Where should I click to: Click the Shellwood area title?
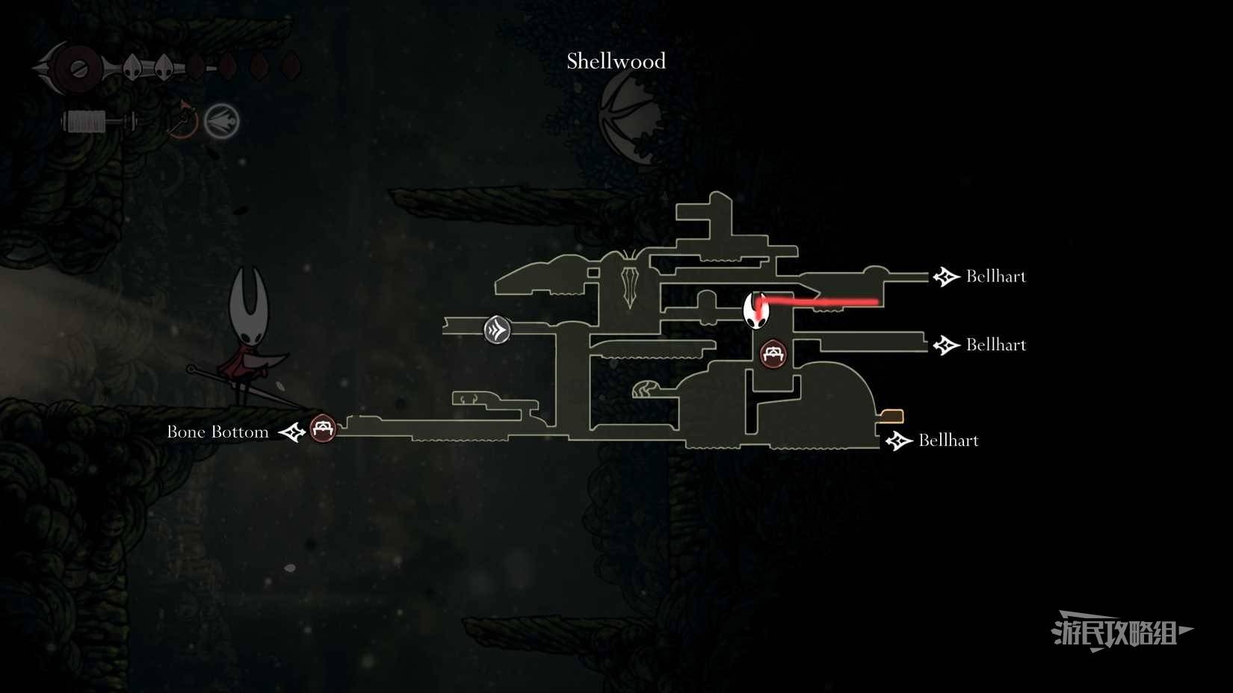pyautogui.click(x=616, y=60)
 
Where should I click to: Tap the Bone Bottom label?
pyautogui.click(x=217, y=432)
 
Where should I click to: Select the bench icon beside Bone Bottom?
pyautogui.click(x=323, y=429)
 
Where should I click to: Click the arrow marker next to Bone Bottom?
pyautogui.click(x=292, y=432)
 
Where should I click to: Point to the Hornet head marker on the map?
pyautogui.click(x=755, y=311)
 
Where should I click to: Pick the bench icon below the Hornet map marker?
pyautogui.click(x=773, y=354)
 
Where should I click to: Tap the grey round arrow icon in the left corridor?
pyautogui.click(x=497, y=330)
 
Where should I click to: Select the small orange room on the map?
pyautogui.click(x=891, y=417)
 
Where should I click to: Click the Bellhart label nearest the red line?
pyautogui.click(x=996, y=276)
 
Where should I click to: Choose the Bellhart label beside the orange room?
pyautogui.click(x=948, y=441)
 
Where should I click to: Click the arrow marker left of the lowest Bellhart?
pyautogui.click(x=900, y=441)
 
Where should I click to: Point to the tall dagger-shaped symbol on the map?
pyautogui.click(x=630, y=286)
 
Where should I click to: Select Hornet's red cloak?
pyautogui.click(x=242, y=366)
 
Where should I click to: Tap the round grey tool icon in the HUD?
pyautogui.click(x=222, y=121)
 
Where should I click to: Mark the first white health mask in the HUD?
pyautogui.click(x=132, y=68)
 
